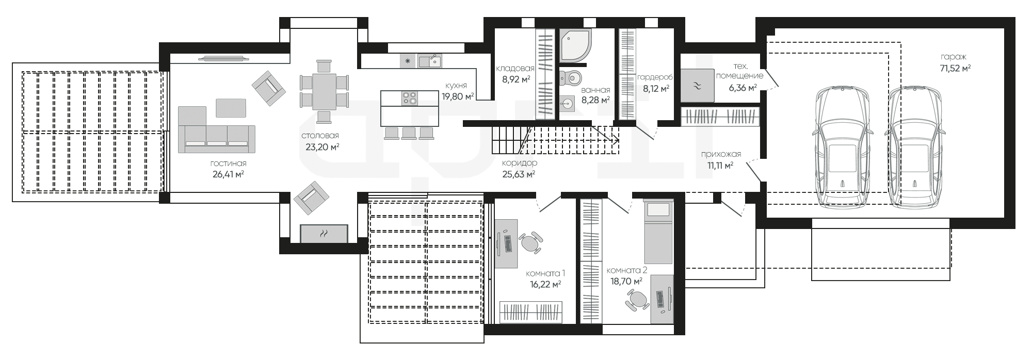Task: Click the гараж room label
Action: click(x=953, y=57)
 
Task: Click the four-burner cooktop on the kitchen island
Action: click(x=410, y=98)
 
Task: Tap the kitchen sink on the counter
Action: click(x=429, y=61)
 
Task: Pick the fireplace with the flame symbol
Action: click(x=324, y=234)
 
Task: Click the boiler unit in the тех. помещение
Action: click(x=697, y=86)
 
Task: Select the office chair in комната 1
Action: click(x=531, y=242)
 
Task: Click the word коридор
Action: click(x=519, y=163)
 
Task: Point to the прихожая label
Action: click(x=721, y=154)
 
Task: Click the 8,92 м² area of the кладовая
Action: click(x=516, y=79)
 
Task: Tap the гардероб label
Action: click(x=655, y=77)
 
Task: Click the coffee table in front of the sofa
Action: click(x=231, y=108)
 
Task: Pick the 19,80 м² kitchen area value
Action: click(x=458, y=96)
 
